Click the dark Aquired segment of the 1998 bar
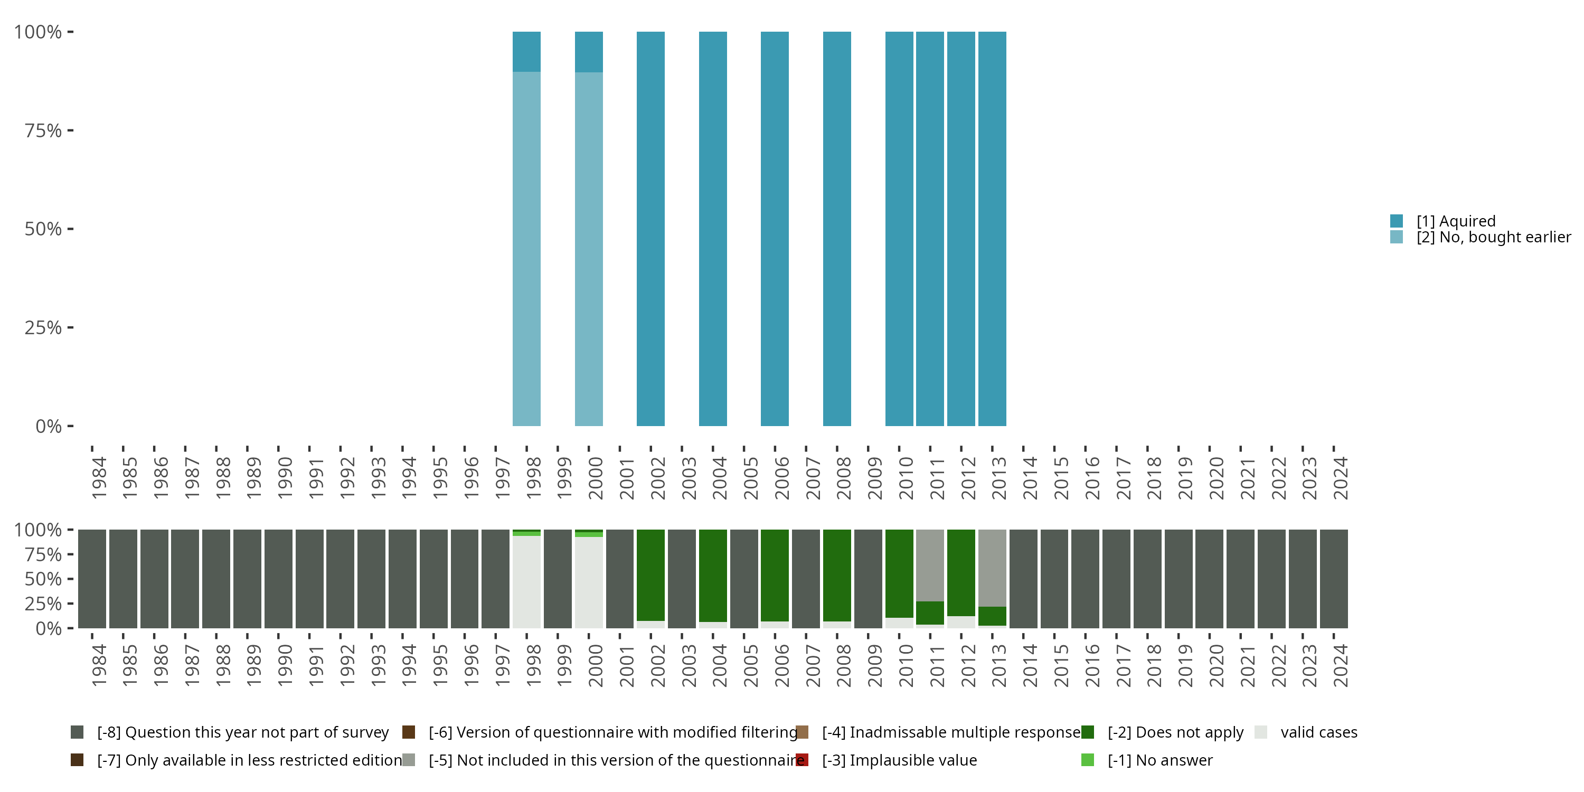526,52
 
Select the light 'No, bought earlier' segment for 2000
589,249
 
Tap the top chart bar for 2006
774,229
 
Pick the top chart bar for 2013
992,229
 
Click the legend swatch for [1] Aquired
1397,221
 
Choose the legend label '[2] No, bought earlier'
1493,238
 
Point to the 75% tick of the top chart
43,130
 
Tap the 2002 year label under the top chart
658,478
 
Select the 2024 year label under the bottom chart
1341,666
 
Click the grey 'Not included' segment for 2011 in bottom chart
930,565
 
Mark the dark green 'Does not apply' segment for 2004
713,576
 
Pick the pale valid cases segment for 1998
526,582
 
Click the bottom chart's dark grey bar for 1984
92,579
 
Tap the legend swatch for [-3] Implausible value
802,760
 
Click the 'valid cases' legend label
1318,732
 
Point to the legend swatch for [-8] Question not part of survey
77,732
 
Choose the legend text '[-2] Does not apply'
1175,732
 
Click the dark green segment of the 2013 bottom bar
992,616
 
